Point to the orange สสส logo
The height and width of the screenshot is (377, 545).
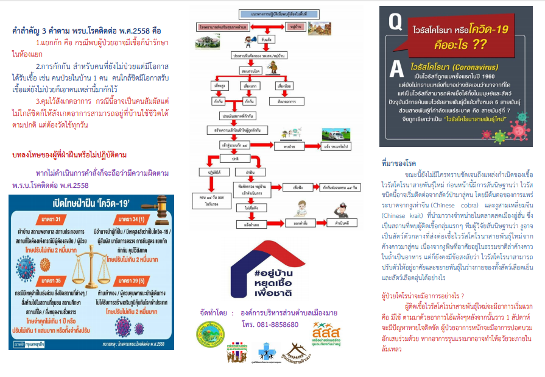click(x=323, y=335)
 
